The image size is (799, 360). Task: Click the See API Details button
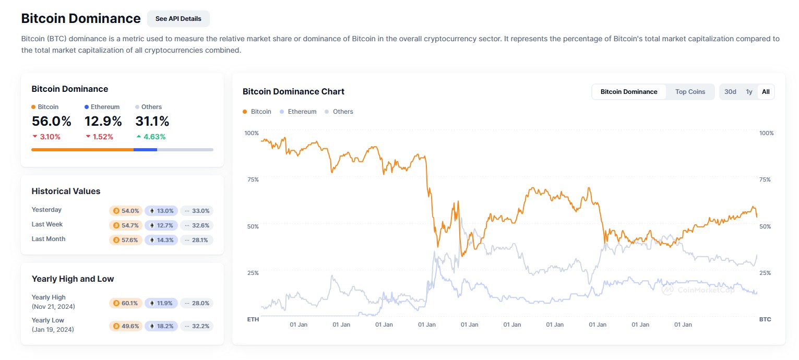coord(178,19)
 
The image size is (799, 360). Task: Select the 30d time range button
coord(730,92)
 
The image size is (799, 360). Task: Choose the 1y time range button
coord(749,92)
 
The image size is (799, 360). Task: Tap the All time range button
coord(766,92)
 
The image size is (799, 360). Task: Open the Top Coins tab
coord(690,92)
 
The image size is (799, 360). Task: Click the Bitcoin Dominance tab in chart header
coord(629,92)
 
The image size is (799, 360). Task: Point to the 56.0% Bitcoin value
coord(51,122)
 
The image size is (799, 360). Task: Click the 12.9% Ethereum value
coord(103,122)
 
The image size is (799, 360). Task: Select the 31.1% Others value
coord(152,122)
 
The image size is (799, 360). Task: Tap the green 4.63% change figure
coord(154,137)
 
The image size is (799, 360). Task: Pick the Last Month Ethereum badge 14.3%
coord(161,240)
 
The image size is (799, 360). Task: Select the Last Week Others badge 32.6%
coord(197,225)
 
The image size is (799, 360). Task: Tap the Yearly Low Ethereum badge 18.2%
coord(161,326)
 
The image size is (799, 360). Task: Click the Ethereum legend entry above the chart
coord(302,112)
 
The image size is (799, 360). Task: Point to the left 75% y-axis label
coord(253,179)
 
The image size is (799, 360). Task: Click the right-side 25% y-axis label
coord(765,273)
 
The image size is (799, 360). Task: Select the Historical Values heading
coord(66,191)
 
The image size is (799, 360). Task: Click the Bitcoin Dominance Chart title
coord(293,92)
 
